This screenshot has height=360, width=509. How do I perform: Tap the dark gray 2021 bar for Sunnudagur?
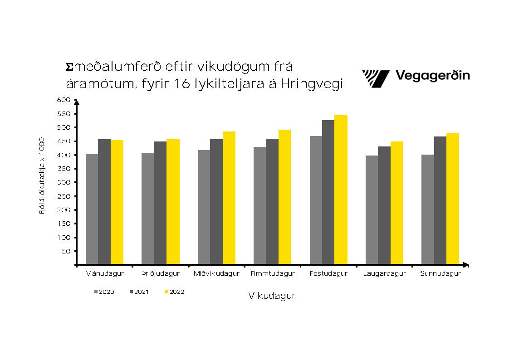(x=440, y=200)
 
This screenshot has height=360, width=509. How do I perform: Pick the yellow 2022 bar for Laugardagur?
(x=397, y=203)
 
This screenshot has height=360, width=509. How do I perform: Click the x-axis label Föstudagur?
(x=328, y=274)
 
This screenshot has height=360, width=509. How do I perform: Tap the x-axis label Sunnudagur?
(x=440, y=274)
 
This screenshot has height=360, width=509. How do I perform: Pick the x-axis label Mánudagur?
(x=104, y=274)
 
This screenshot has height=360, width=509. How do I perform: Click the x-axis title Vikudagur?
(x=272, y=296)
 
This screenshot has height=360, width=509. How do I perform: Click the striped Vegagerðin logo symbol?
(x=376, y=78)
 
